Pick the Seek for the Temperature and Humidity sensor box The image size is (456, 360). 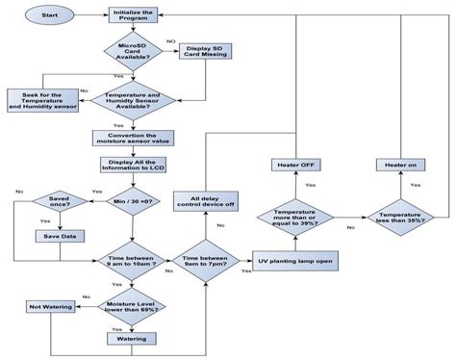click(42, 100)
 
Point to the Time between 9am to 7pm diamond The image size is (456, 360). click(205, 260)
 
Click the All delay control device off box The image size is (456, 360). click(205, 200)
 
